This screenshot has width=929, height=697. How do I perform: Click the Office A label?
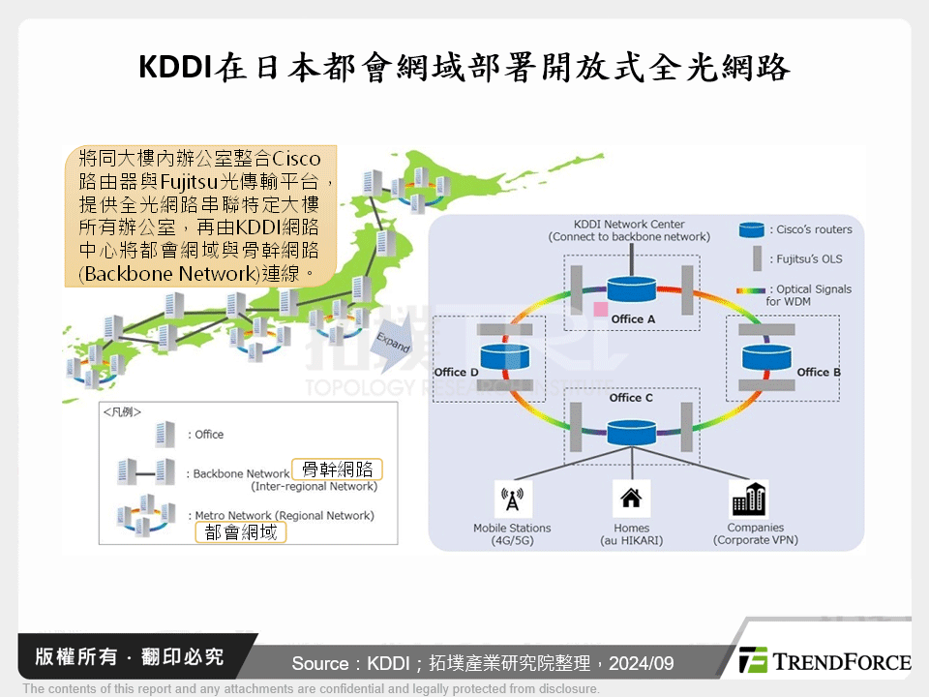[x=634, y=318]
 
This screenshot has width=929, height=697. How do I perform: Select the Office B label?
[x=819, y=372]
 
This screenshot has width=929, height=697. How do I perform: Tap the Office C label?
[x=631, y=398]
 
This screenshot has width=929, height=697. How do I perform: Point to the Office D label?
[x=457, y=372]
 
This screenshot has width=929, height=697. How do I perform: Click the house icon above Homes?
[x=631, y=500]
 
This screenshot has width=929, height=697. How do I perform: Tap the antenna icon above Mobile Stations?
[x=512, y=500]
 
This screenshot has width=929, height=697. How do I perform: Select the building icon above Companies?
[x=749, y=500]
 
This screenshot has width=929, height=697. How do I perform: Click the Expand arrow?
[x=393, y=348]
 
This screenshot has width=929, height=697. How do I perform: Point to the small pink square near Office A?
[x=601, y=309]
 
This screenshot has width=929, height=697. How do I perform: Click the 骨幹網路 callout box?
[x=337, y=470]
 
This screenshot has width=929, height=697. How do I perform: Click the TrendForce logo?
[x=824, y=661]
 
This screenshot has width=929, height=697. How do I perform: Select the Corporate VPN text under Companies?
[x=755, y=540]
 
